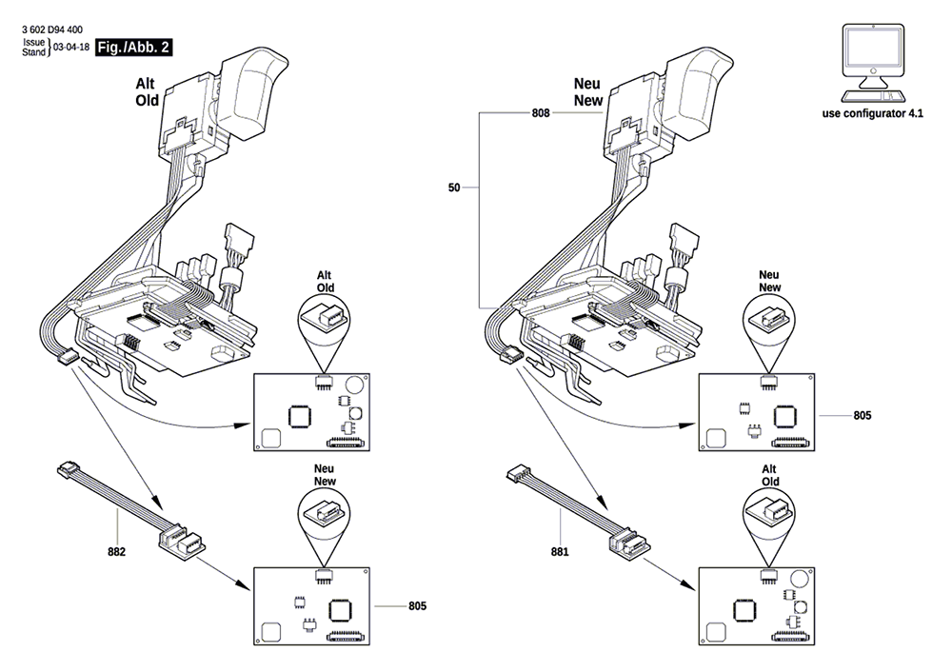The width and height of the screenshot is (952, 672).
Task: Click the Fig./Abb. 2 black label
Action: coord(133,48)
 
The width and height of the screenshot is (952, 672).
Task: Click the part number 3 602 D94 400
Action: coord(52,30)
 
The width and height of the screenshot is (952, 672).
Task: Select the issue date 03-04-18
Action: coord(71,48)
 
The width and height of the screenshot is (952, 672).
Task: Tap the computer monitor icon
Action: coord(873,63)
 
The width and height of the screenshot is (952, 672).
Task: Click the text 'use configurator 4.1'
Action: coord(872,113)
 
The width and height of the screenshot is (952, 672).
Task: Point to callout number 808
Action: coord(541,113)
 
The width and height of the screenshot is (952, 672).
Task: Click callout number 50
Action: coord(454,188)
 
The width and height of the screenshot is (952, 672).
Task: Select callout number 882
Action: coord(116,552)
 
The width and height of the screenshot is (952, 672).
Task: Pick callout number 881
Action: coord(560,552)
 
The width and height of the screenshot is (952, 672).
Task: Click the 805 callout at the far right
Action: coord(863,416)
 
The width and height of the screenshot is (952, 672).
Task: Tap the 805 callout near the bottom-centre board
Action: coord(417,606)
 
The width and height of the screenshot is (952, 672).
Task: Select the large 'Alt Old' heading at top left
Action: coord(147,92)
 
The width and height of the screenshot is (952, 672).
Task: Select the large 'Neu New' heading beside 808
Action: coord(587,92)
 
